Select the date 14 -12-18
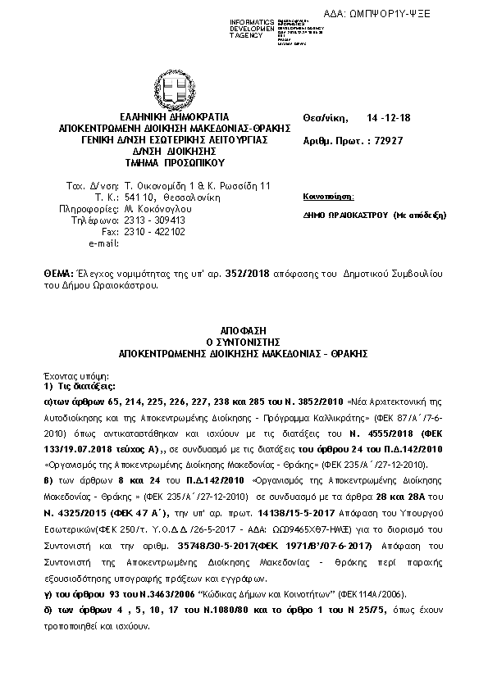(x=388, y=118)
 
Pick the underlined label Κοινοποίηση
(x=328, y=198)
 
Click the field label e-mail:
(x=103, y=244)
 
